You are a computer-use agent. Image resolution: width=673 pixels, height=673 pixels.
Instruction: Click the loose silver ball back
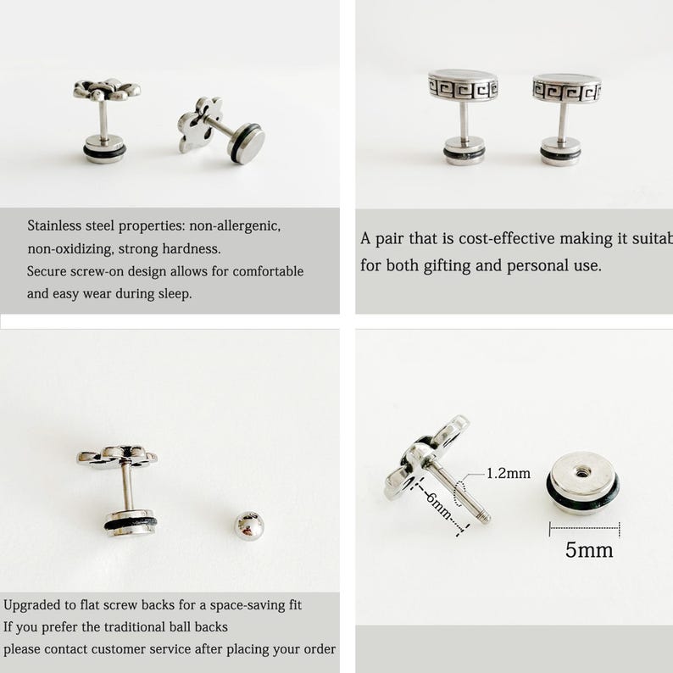tap(248, 526)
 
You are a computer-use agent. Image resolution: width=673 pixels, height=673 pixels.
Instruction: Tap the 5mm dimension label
tap(589, 550)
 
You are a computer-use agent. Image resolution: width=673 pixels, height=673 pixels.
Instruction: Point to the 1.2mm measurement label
tap(509, 474)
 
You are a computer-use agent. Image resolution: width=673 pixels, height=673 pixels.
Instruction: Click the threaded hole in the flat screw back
tap(582, 470)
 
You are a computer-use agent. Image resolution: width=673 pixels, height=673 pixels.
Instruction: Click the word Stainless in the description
tap(58, 226)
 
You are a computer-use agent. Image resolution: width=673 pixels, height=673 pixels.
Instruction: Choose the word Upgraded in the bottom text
tap(34, 605)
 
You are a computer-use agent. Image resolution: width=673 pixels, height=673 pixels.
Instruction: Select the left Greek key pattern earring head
tap(462, 86)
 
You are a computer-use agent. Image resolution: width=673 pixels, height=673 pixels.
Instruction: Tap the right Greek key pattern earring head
tap(566, 88)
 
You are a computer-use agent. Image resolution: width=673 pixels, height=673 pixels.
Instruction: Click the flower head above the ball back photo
tap(117, 456)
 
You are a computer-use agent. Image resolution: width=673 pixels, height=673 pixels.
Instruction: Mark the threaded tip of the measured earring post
tap(484, 516)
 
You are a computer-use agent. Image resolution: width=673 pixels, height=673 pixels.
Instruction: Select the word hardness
tap(192, 249)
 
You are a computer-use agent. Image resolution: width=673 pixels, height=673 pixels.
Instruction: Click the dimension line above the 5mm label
tap(584, 529)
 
